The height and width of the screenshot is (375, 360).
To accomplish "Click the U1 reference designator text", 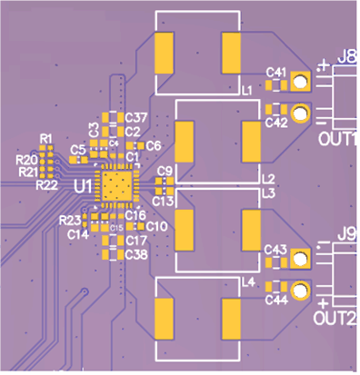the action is coord(82,186).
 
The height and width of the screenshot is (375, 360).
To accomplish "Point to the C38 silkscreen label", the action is coord(136,254).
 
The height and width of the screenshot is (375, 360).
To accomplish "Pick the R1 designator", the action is coord(45,138).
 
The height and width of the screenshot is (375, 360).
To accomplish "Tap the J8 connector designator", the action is coord(346,57).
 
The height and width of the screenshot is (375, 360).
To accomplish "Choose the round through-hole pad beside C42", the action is coord(301,115).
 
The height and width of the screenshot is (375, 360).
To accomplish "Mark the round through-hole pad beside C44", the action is coord(301,292).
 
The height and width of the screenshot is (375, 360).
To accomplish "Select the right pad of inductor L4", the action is coord(231,316).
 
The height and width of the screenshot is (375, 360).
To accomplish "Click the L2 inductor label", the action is coord(267,180).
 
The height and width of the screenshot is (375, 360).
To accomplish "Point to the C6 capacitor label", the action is coord(154,145).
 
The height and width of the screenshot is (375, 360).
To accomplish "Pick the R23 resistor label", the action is coord(69,220).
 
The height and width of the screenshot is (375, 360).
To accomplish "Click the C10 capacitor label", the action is coord(156,226).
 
